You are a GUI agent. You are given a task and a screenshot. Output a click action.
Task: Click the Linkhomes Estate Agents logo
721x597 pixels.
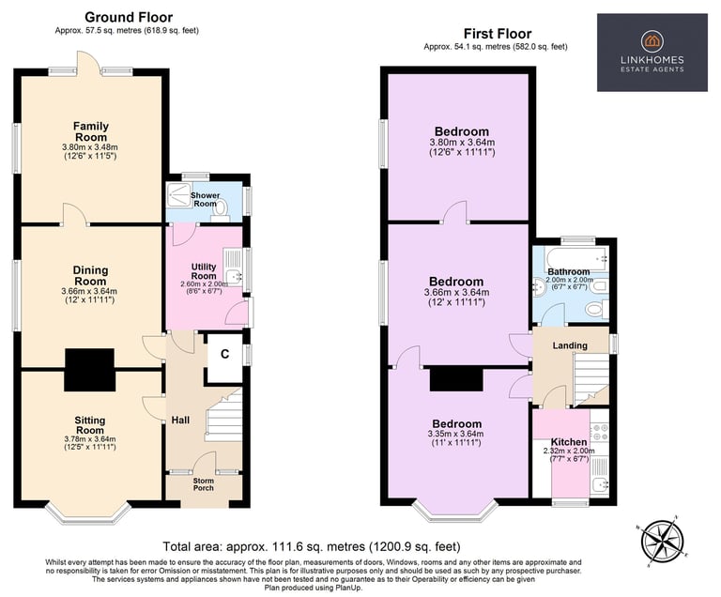652,53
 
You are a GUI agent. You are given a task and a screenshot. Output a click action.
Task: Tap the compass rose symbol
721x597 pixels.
662,540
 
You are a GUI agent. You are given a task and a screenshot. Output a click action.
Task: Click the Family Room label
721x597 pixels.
91,131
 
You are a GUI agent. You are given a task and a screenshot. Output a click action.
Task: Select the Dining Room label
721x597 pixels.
90,276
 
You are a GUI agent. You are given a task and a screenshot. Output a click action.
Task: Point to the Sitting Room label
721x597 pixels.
90,425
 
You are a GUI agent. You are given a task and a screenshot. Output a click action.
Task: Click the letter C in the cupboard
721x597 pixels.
225,354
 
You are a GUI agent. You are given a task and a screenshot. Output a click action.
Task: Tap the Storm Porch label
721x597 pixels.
203,483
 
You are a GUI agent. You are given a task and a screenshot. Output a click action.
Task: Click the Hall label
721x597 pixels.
180,420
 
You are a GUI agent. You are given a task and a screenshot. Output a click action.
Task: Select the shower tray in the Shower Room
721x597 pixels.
178,195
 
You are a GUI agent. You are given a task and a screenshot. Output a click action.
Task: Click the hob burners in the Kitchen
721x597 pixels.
599,433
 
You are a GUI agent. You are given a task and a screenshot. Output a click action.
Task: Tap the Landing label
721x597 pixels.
570,345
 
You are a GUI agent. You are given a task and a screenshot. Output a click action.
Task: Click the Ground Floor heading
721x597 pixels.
129,18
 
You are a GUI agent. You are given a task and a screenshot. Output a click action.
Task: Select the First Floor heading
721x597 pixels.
498,34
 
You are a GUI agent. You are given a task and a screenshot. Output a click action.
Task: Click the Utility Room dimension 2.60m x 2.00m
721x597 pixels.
204,284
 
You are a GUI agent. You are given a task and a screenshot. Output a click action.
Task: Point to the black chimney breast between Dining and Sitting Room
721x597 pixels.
90,370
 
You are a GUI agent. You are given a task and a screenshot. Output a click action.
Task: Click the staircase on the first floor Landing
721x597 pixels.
591,379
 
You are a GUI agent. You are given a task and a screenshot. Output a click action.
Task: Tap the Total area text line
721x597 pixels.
312,546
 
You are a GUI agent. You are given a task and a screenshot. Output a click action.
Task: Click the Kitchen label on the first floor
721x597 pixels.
569,442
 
